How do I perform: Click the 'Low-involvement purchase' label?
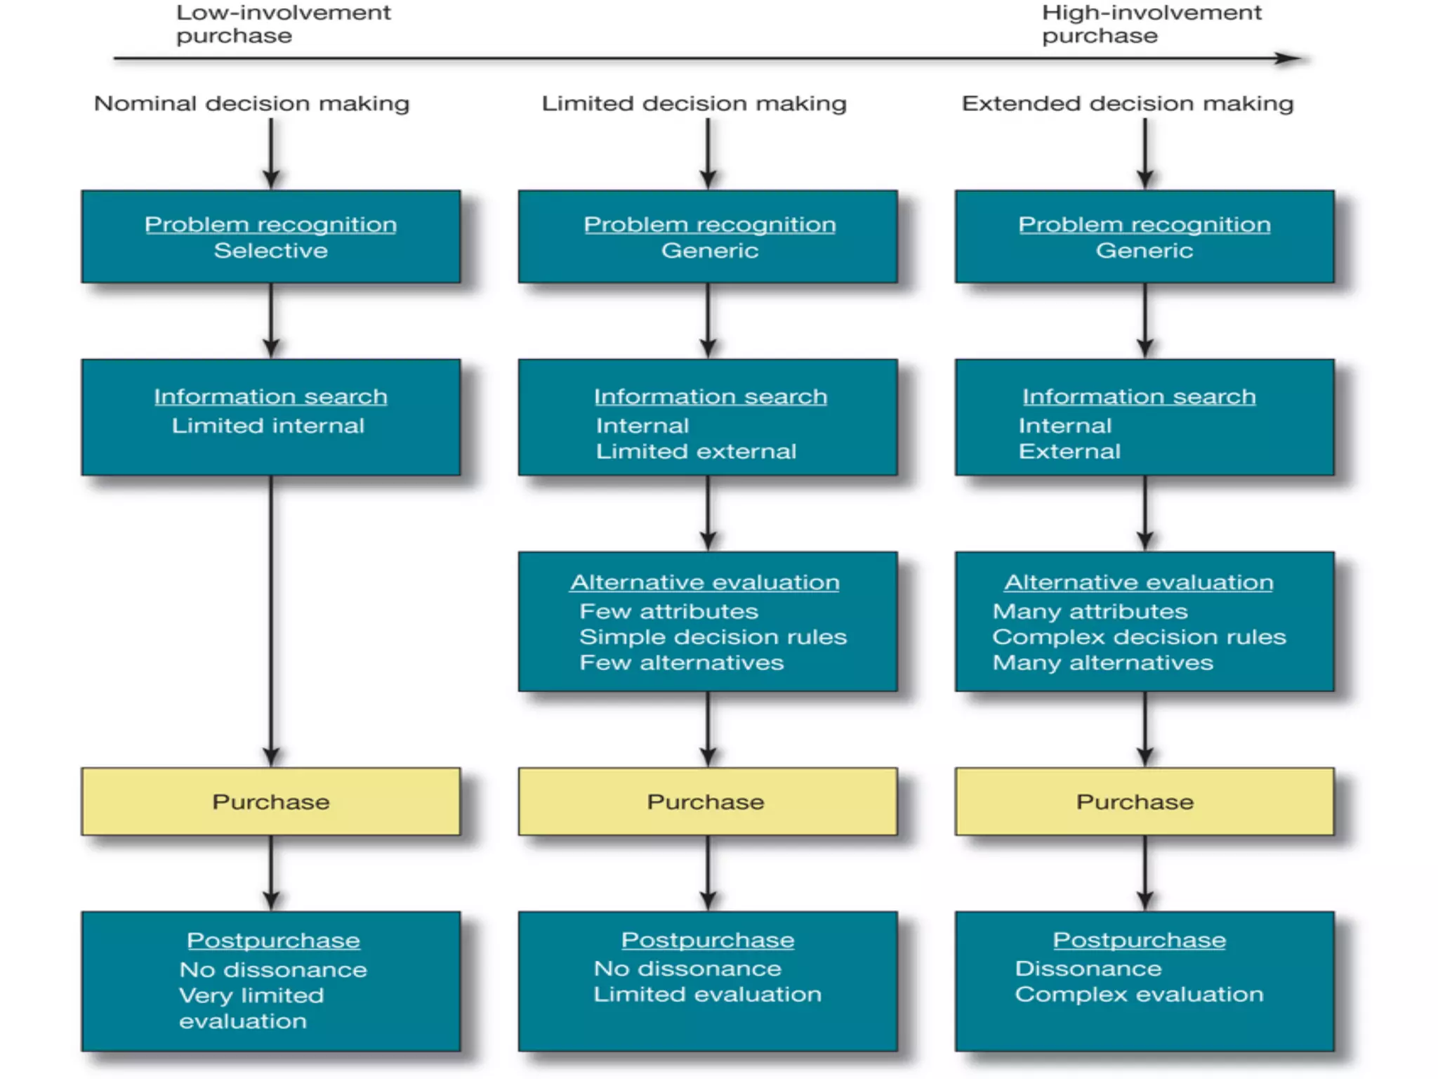click(283, 24)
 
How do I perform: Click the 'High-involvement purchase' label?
click(1151, 24)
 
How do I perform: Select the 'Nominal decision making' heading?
click(251, 103)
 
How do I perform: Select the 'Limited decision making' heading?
click(694, 103)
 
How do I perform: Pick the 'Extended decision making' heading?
click(1127, 103)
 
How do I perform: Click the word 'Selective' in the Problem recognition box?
click(271, 251)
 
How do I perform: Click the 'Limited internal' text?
click(268, 426)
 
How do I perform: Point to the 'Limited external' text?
click(696, 451)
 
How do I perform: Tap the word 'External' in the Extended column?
click(1069, 451)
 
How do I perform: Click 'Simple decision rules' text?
click(713, 637)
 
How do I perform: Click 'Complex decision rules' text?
click(1139, 637)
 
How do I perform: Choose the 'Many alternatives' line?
click(1102, 663)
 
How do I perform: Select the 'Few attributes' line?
click(668, 611)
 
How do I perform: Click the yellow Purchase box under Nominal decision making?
click(271, 802)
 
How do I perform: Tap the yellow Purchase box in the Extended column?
click(1145, 802)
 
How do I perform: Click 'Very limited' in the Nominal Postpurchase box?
click(251, 995)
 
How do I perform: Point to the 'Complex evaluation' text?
click(1139, 995)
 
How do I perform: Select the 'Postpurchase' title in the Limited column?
click(708, 940)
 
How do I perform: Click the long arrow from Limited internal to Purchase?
click(271, 618)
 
